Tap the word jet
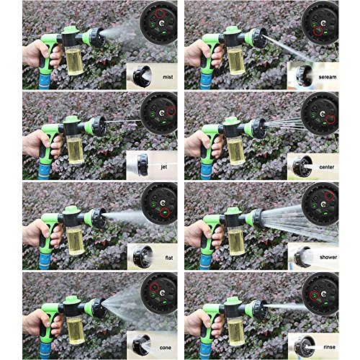[165, 166]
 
